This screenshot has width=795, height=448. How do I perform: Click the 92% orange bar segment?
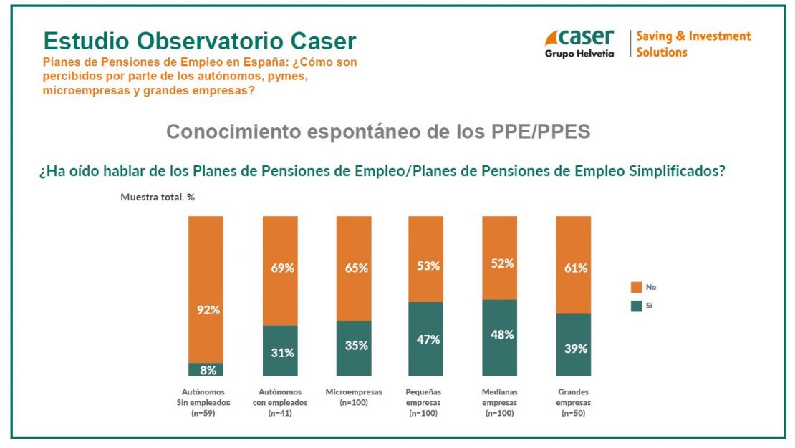[x=206, y=289]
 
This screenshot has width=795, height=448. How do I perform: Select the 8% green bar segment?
[x=206, y=369]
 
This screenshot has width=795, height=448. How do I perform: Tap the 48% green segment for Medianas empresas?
[x=499, y=337]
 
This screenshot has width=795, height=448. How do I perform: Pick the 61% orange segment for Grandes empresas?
[x=574, y=265]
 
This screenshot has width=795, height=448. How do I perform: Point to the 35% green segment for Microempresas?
[x=354, y=348]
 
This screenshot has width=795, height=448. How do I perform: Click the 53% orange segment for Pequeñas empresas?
[x=426, y=259]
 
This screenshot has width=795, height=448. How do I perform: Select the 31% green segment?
[x=280, y=351]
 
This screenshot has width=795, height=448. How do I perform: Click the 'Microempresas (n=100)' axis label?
[x=354, y=397]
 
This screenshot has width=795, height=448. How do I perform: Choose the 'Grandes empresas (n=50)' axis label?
[x=574, y=402]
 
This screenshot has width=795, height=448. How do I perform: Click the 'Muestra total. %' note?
[x=158, y=196]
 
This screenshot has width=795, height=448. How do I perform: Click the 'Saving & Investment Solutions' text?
[x=693, y=44]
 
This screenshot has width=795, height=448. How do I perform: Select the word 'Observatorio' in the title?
[x=208, y=41]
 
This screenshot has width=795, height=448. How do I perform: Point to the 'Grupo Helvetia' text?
[x=579, y=54]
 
